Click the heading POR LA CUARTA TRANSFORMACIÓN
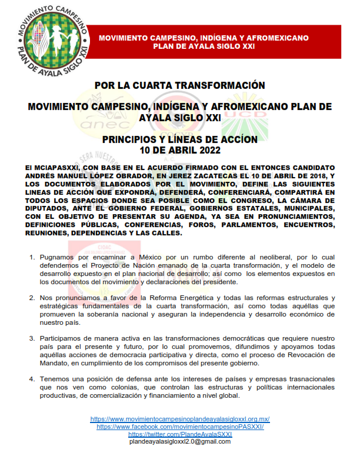click(x=180, y=85)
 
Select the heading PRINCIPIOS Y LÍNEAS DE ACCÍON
click(x=180, y=139)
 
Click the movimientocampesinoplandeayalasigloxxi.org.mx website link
click(x=180, y=419)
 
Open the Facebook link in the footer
click(x=180, y=426)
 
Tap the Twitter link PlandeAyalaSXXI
click(x=180, y=434)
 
